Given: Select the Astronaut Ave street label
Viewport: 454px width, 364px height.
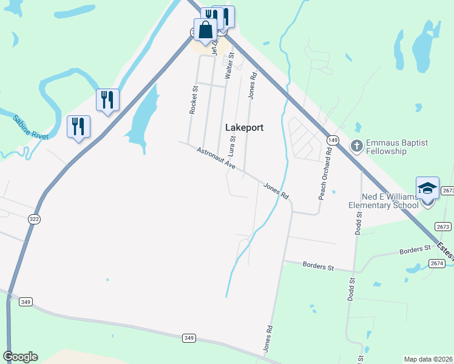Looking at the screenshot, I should tap(216, 157).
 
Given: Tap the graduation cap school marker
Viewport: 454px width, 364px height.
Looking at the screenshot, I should tap(427, 189).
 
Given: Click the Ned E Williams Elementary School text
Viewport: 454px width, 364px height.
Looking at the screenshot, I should tap(384, 201).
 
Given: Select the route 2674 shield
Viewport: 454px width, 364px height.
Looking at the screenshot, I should tap(437, 263).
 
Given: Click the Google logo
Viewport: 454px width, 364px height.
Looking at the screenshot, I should tap(20, 357).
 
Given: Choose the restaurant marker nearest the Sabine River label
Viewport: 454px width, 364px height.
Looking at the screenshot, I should tap(78, 126).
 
